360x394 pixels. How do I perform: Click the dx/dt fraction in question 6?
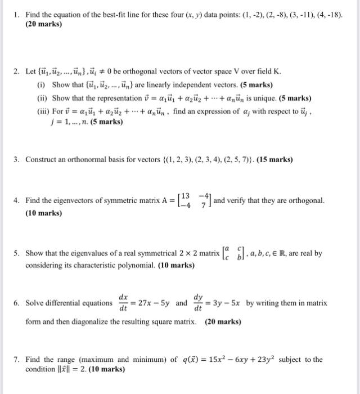click(x=123, y=303)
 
